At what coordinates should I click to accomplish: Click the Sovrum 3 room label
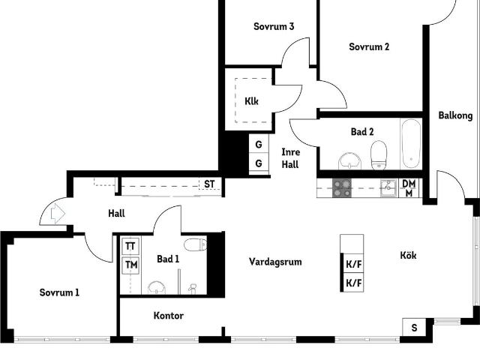[x=273, y=26]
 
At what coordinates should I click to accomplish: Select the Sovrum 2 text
[x=369, y=47]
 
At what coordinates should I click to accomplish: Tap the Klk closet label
[x=251, y=101]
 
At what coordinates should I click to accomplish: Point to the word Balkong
[x=455, y=115]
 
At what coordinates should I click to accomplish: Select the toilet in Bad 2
[x=379, y=155]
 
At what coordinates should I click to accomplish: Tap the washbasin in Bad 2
[x=349, y=160]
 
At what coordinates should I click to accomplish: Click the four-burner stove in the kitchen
[x=342, y=187]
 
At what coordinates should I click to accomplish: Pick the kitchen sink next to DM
[x=387, y=187]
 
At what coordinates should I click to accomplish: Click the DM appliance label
[x=409, y=184]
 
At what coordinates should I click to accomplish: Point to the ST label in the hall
[x=209, y=184]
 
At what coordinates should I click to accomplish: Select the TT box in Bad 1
[x=130, y=246]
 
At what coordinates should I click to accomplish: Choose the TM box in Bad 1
[x=130, y=265]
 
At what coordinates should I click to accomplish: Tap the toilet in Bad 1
[x=194, y=244]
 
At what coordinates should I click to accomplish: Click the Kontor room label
[x=169, y=316]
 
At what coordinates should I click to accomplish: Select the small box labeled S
[x=415, y=327]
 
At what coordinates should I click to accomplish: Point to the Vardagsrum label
[x=275, y=262]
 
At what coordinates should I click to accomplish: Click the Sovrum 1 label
[x=59, y=292]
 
